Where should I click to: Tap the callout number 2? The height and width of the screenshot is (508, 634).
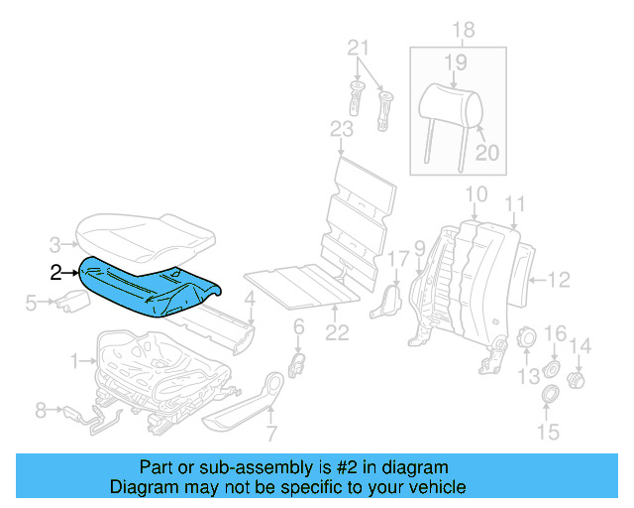(56, 270)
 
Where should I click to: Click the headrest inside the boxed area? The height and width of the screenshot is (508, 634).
(444, 103)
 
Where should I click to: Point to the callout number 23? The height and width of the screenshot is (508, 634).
(342, 129)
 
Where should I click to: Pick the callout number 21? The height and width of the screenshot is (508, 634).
(359, 48)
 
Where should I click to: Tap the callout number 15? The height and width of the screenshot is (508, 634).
(547, 432)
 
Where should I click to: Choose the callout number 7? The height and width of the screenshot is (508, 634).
(271, 433)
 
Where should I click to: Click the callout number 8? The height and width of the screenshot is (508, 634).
(41, 408)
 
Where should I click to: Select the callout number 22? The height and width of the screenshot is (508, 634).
(339, 333)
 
